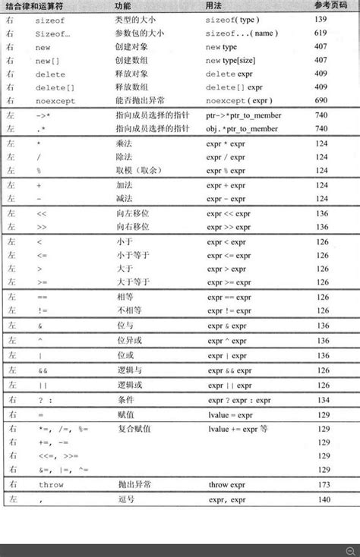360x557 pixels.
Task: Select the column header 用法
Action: (214, 5)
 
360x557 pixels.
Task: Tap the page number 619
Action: (321, 33)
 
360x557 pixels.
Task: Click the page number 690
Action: (321, 100)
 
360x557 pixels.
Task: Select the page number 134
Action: (322, 400)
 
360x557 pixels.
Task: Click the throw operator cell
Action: (51, 483)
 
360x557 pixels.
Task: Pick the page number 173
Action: (322, 483)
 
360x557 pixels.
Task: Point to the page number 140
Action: (322, 500)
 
